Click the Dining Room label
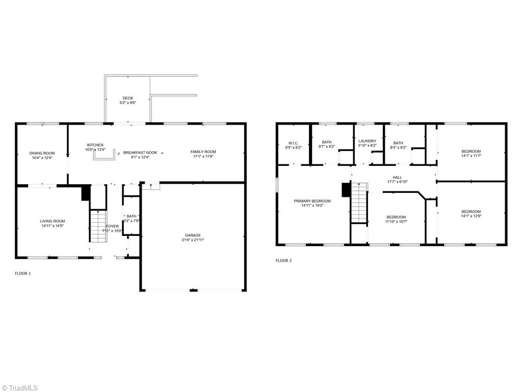point(42,153)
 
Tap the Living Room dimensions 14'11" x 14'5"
point(53,226)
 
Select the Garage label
point(193,235)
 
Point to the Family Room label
point(203,152)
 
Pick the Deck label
point(127,98)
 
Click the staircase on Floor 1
point(97,227)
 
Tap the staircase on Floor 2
point(359,204)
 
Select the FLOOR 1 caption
point(22,274)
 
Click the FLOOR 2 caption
point(283,261)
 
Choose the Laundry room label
point(367,141)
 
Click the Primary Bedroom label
point(312,201)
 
